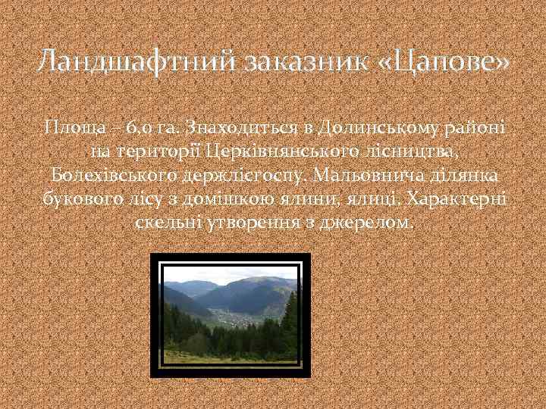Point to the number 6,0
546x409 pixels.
tap(139, 125)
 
